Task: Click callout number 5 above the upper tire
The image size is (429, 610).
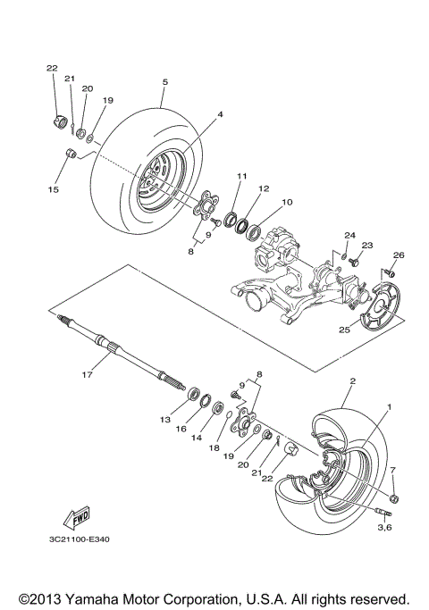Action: click(x=164, y=81)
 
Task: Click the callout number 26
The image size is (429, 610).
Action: click(x=399, y=255)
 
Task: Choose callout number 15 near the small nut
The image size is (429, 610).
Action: click(x=53, y=190)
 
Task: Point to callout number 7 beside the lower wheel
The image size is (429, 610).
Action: click(x=391, y=470)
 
